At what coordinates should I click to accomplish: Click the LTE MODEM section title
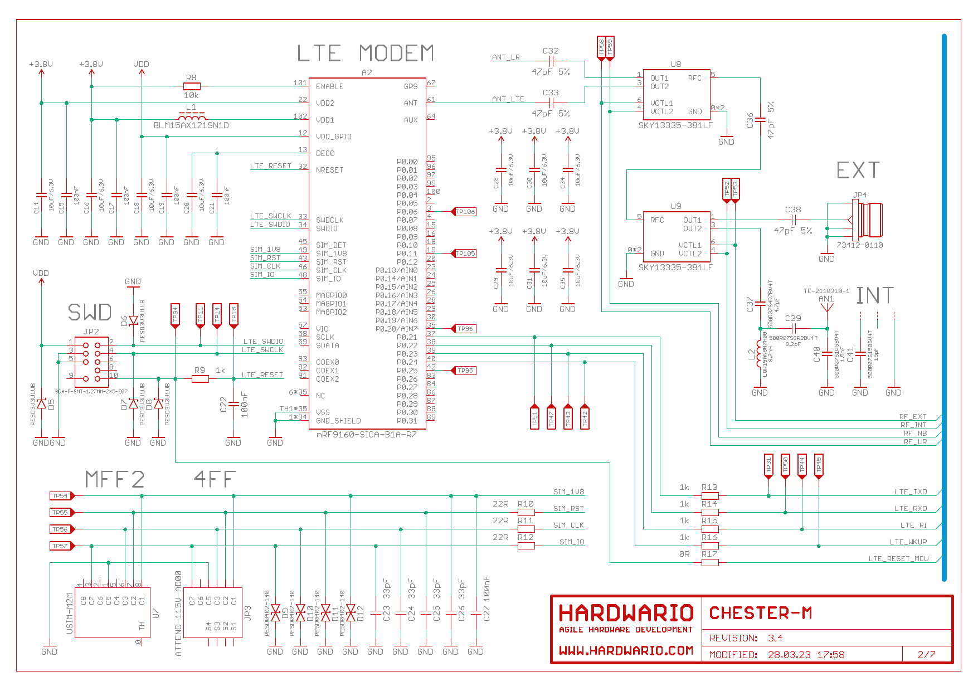[365, 53]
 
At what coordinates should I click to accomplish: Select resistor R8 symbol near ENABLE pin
[191, 86]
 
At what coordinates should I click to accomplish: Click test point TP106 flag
[465, 212]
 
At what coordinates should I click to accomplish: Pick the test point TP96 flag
[465, 329]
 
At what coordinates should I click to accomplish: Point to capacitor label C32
[551, 51]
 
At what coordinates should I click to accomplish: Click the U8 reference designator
[676, 64]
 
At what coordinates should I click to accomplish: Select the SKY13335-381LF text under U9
[675, 267]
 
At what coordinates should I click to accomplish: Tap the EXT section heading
[858, 171]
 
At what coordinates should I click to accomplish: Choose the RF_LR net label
[915, 442]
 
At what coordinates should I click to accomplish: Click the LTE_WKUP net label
[908, 542]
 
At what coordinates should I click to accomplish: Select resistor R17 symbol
[709, 562]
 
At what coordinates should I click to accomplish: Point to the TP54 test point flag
[61, 495]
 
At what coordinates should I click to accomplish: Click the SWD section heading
[90, 313]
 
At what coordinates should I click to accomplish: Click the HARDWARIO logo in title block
[626, 614]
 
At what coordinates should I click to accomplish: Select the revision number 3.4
[775, 638]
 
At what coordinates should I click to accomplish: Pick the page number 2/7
[926, 655]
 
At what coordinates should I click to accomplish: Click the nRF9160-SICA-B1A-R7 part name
[366, 435]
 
